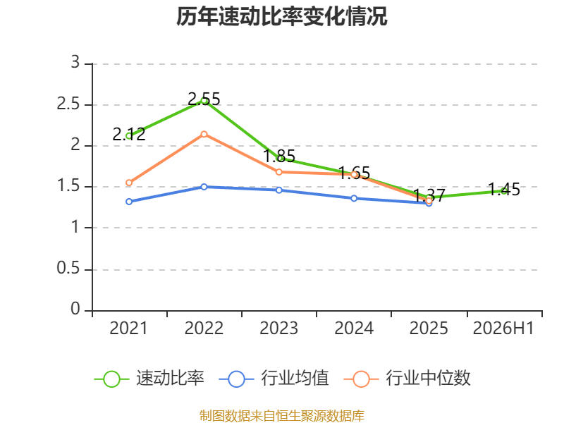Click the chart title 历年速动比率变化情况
281,16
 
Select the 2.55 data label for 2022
204,99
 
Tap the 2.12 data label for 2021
129,134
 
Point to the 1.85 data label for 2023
279,156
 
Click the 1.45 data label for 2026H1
504,189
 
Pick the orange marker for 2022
204,134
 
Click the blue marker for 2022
204,187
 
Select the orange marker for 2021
129,183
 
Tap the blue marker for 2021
129,202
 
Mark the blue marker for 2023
279,190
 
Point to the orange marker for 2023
279,172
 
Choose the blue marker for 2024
354,198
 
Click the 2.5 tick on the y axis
68,104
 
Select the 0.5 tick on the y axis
68,269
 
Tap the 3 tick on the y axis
75,62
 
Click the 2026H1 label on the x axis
503,329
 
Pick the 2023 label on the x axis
279,329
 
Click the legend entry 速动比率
149,379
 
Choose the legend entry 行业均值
274,379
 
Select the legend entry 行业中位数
407,379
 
